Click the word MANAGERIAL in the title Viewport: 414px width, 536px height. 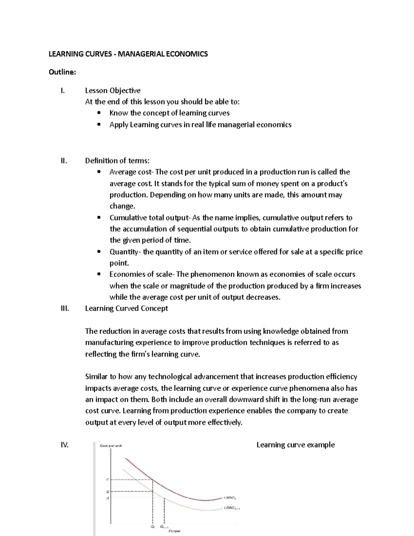pyautogui.click(x=136, y=54)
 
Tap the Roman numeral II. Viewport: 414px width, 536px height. pyautogui.click(x=64, y=160)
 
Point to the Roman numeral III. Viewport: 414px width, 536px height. pyautogui.click(x=65, y=308)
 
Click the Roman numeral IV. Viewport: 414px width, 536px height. pyautogui.click(x=65, y=445)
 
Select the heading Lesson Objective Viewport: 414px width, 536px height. pyautogui.click(x=113, y=90)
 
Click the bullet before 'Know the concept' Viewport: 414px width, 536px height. pyautogui.click(x=99, y=113)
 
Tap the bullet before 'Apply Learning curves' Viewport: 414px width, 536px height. pyautogui.click(x=99, y=125)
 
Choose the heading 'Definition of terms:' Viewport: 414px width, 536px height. pyautogui.click(x=117, y=160)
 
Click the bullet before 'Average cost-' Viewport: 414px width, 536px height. pyautogui.click(x=99, y=172)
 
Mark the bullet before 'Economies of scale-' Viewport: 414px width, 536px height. pyautogui.click(x=99, y=274)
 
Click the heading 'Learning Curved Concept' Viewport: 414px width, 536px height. pyautogui.click(x=127, y=308)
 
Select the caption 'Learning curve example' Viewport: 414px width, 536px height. pyautogui.click(x=295, y=445)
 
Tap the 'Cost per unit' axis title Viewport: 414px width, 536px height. pyautogui.click(x=110, y=446)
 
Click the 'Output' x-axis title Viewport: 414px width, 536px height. pyautogui.click(x=174, y=531)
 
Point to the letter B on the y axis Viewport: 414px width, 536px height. pyautogui.click(x=107, y=491)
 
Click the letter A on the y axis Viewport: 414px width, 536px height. pyautogui.click(x=107, y=498)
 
